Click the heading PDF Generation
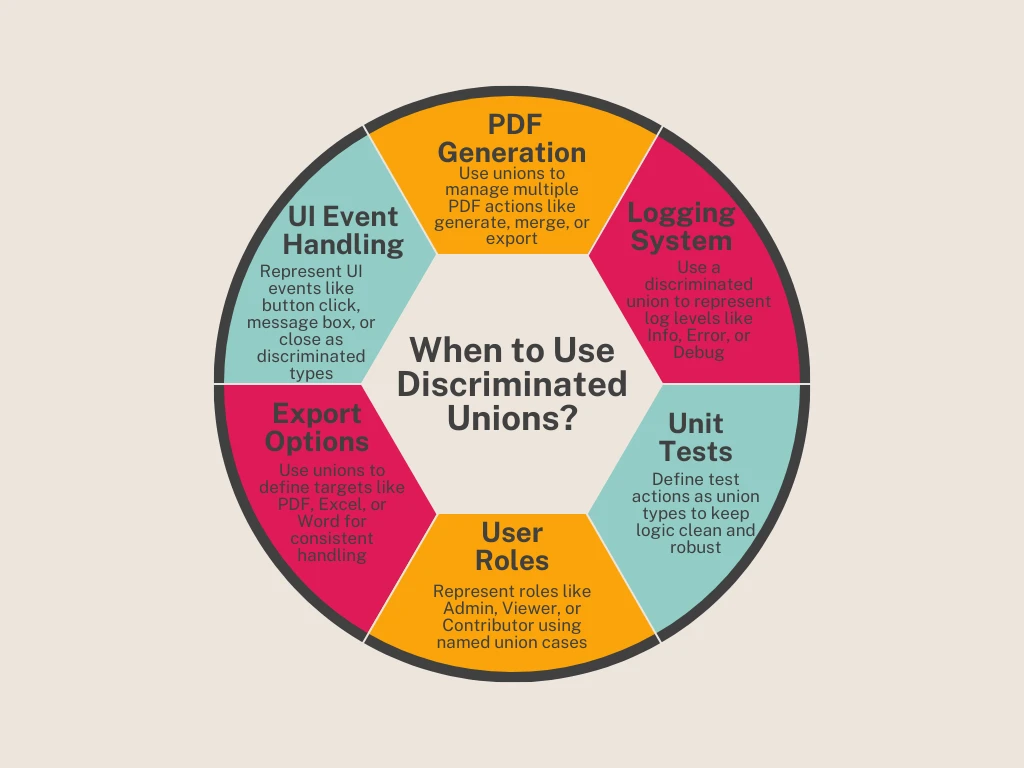pyautogui.click(x=511, y=139)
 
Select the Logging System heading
pyautogui.click(x=681, y=227)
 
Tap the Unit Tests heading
pyautogui.click(x=696, y=437)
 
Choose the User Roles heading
pyautogui.click(x=511, y=546)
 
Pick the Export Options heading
pyautogui.click(x=317, y=427)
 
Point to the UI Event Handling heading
pyautogui.click(x=343, y=230)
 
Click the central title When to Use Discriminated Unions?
pyautogui.click(x=512, y=384)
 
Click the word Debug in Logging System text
pyautogui.click(x=698, y=352)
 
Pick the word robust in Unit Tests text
pyautogui.click(x=696, y=547)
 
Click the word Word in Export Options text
pyautogui.click(x=318, y=521)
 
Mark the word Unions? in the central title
pyautogui.click(x=512, y=417)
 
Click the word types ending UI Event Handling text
pyautogui.click(x=311, y=373)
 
